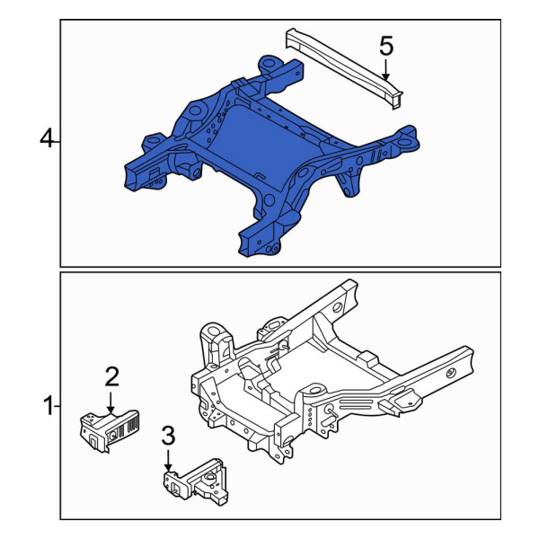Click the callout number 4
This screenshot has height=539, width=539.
(47, 140)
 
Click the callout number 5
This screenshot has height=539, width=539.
(386, 47)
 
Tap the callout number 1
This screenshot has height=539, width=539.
(49, 406)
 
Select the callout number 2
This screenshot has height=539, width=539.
(111, 376)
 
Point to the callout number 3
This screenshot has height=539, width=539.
(168, 435)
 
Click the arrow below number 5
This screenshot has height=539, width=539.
(385, 70)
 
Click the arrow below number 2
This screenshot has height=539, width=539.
(110, 402)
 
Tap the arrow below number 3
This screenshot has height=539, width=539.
(168, 461)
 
